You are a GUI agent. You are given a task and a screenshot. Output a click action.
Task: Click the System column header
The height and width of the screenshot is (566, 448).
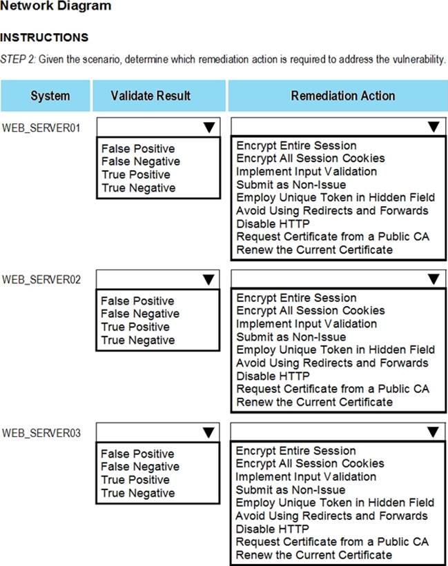pyautogui.click(x=50, y=96)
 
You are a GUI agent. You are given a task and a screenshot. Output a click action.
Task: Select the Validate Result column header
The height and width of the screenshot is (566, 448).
pyautogui.click(x=150, y=96)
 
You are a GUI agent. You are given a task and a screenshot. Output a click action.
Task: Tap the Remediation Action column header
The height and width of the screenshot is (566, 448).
pyautogui.click(x=342, y=96)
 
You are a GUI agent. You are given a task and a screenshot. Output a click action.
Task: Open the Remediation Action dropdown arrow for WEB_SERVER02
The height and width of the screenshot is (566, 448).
pyautogui.click(x=433, y=279)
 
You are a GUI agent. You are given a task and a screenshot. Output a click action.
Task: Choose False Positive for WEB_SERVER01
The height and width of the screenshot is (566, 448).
pyautogui.click(x=138, y=149)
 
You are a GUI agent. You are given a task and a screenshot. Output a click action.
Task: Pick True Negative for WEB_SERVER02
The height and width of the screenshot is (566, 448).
pyautogui.click(x=138, y=340)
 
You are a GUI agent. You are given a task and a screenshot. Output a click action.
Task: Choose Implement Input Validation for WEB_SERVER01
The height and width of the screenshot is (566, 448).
pyautogui.click(x=306, y=172)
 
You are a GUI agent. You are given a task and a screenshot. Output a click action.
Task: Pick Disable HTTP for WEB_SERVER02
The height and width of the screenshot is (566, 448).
pyautogui.click(x=273, y=376)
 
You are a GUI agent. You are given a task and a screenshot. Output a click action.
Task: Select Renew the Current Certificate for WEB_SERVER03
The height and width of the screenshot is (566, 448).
pyautogui.click(x=314, y=555)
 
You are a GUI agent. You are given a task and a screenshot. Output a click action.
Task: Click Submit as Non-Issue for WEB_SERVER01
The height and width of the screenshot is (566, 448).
pyautogui.click(x=291, y=185)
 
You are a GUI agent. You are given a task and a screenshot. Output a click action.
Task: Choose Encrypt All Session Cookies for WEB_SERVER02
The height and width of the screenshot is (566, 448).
pyautogui.click(x=311, y=311)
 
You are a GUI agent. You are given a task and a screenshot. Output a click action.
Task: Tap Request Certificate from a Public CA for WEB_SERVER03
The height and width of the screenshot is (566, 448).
pyautogui.click(x=332, y=542)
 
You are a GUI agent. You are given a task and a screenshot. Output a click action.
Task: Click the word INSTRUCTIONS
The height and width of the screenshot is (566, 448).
pyautogui.click(x=44, y=37)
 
